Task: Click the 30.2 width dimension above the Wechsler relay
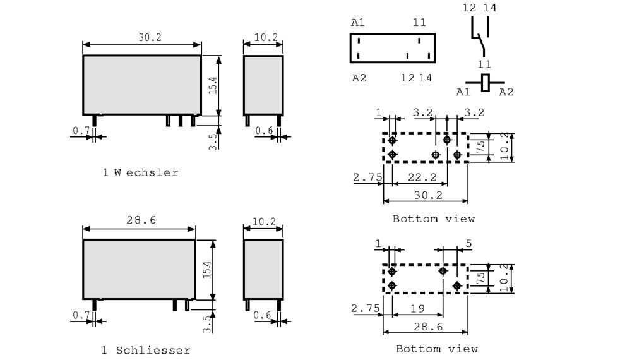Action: click(150, 37)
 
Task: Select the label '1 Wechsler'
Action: click(140, 172)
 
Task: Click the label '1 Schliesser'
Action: click(145, 350)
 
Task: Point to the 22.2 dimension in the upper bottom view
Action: click(420, 178)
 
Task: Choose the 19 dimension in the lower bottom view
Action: click(416, 309)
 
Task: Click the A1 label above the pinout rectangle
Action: click(358, 23)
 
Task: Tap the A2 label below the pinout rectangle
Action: click(358, 78)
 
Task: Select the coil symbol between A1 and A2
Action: click(486, 82)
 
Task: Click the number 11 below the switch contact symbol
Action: click(484, 64)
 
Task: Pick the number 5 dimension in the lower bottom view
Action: click(468, 244)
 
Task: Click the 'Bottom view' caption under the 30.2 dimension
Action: click(433, 219)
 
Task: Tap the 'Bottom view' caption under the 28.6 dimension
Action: click(436, 349)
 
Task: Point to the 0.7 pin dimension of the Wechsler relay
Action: click(81, 130)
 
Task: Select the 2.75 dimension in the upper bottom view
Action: click(367, 178)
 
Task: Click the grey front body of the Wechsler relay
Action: click(142, 84)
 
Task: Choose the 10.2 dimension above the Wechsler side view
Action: click(265, 37)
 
